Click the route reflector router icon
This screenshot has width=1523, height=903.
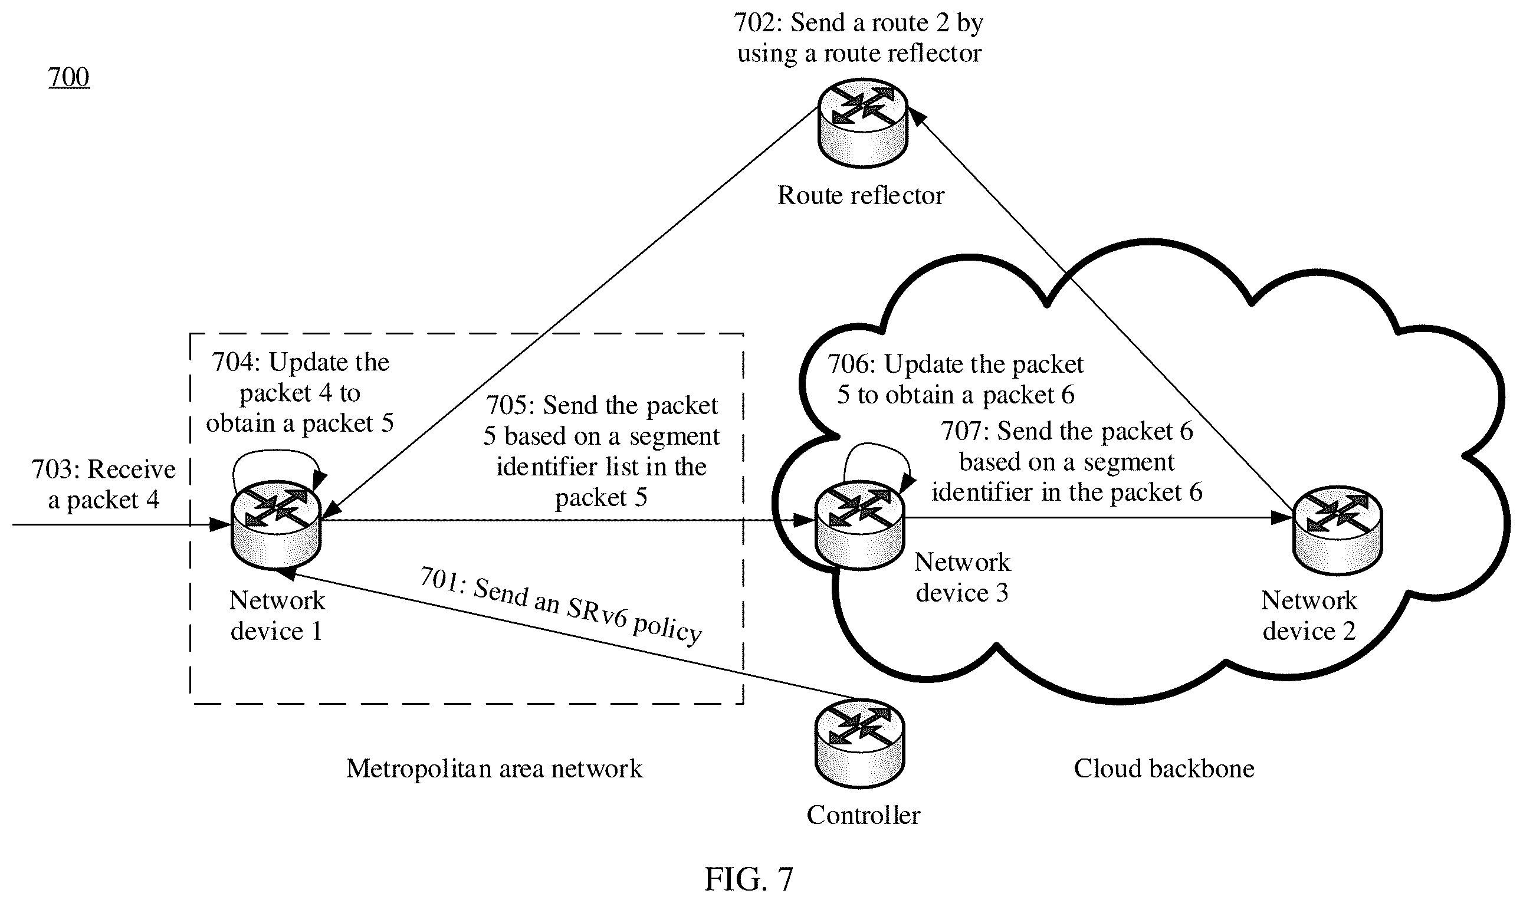pyautogui.click(x=863, y=123)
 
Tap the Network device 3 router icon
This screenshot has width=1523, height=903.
pyautogui.click(x=859, y=524)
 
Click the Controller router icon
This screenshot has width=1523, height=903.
pyautogui.click(x=859, y=744)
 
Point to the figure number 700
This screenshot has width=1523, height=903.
pyautogui.click(x=69, y=77)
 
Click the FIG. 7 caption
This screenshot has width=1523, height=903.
pyautogui.click(x=749, y=879)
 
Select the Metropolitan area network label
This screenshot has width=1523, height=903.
pyautogui.click(x=494, y=769)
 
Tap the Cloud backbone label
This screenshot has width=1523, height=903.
pyautogui.click(x=1163, y=769)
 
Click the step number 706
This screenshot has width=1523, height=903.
pyautogui.click(x=850, y=365)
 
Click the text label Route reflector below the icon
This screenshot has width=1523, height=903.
pyautogui.click(x=861, y=195)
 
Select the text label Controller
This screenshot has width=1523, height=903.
pyautogui.click(x=864, y=815)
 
